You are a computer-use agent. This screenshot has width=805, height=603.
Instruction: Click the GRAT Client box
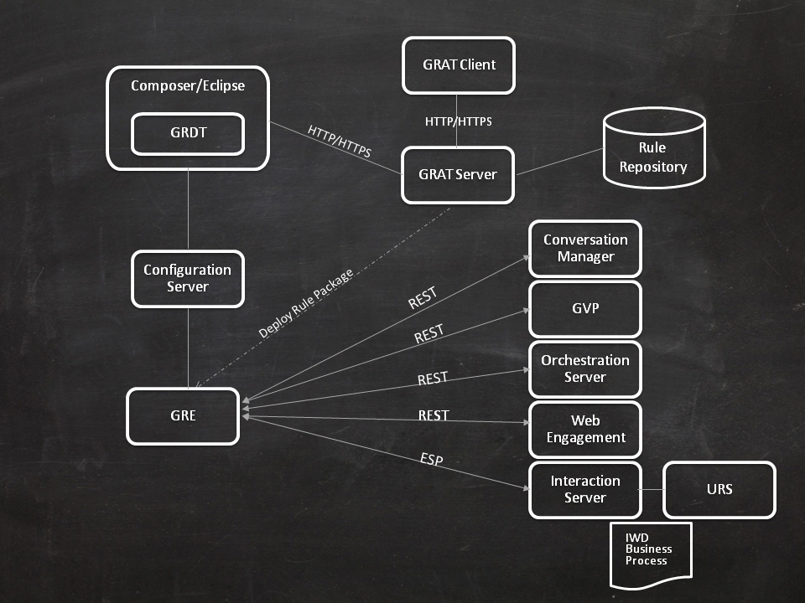(458, 64)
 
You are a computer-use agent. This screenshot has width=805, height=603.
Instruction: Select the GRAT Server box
(458, 175)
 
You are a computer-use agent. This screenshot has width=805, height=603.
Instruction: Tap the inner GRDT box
(187, 133)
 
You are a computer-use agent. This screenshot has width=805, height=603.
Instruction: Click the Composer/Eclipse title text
(188, 86)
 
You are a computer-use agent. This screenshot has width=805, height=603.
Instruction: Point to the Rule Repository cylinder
(653, 151)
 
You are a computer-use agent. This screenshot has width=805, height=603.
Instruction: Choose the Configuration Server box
(188, 278)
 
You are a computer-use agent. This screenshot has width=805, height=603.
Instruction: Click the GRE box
(183, 415)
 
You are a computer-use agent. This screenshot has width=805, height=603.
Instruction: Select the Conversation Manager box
(585, 249)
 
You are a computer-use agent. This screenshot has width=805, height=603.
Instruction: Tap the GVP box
(585, 308)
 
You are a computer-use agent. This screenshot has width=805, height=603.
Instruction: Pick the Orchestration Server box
(585, 368)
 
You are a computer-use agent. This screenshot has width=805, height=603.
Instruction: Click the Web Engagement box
(585, 429)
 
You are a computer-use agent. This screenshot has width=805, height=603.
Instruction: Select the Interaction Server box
(585, 489)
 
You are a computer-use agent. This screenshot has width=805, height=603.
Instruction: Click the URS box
(719, 489)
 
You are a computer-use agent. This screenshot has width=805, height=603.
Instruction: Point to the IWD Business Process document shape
(650, 553)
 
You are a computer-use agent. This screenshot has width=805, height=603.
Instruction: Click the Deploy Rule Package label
(305, 303)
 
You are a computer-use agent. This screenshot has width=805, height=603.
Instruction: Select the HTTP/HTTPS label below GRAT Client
(458, 121)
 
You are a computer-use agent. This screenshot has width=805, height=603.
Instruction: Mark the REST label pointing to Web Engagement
(434, 415)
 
